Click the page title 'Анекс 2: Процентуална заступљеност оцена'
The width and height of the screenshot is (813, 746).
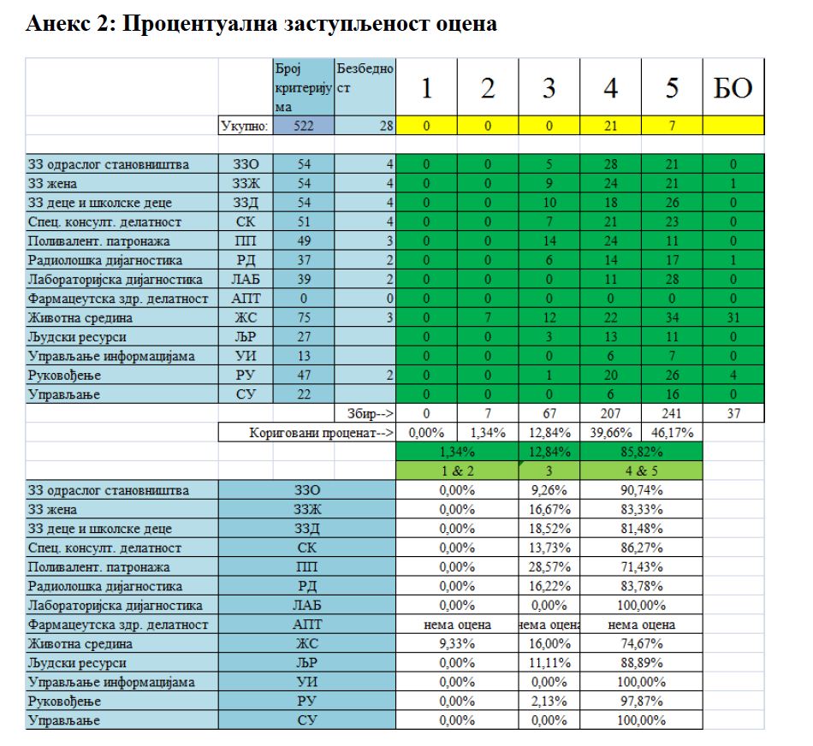pyautogui.click(x=261, y=24)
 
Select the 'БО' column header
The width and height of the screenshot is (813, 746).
pyautogui.click(x=733, y=88)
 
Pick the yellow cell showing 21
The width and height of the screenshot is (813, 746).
pyautogui.click(x=610, y=126)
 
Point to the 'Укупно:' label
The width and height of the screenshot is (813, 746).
pyautogui.click(x=245, y=126)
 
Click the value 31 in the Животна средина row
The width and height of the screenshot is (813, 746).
pyautogui.click(x=733, y=317)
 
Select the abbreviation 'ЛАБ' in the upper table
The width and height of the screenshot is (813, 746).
pyautogui.click(x=245, y=280)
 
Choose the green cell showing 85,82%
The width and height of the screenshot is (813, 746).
pyautogui.click(x=641, y=452)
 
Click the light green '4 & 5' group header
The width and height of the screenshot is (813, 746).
pyautogui.click(x=641, y=471)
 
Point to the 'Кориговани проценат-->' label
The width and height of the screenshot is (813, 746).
pyautogui.click(x=321, y=433)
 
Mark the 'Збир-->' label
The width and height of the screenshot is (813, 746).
pyautogui.click(x=370, y=414)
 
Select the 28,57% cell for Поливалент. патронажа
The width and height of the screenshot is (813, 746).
pyautogui.click(x=549, y=567)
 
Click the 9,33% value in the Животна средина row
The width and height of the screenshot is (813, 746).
pyautogui.click(x=456, y=644)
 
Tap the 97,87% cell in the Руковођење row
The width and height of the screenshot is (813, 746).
pyautogui.click(x=641, y=702)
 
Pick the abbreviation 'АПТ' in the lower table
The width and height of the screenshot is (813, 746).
pyautogui.click(x=307, y=625)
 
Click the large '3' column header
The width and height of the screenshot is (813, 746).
pyautogui.click(x=549, y=88)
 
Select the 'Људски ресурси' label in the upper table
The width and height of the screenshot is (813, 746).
pyautogui.click(x=78, y=337)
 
